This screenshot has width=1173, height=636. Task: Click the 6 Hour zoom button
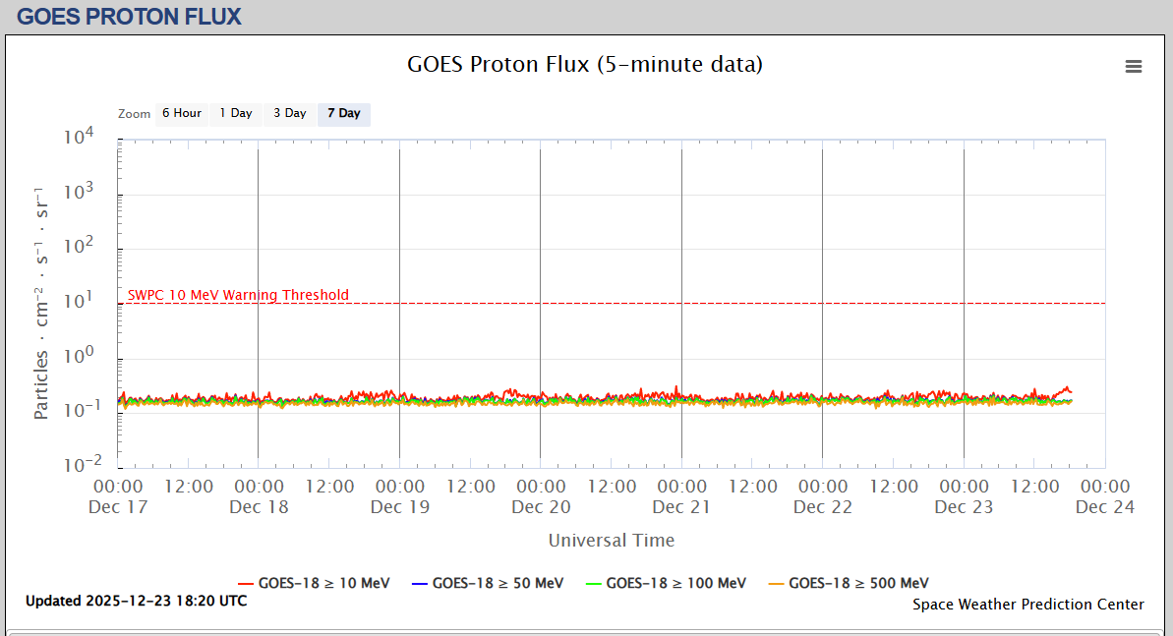(182, 113)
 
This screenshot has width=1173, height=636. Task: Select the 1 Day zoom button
(236, 113)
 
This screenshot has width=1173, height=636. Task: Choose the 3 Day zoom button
(290, 113)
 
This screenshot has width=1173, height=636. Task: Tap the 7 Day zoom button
(344, 113)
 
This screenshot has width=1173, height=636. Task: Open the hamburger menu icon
(1134, 66)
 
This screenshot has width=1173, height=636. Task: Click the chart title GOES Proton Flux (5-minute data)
(585, 65)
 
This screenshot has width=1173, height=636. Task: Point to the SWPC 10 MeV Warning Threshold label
(238, 295)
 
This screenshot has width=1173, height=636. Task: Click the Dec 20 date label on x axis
(541, 507)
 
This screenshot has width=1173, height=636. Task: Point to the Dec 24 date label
(1105, 507)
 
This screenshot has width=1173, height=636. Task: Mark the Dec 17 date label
(118, 507)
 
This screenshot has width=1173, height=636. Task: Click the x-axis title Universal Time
(612, 540)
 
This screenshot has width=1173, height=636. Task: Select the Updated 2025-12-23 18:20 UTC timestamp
(137, 601)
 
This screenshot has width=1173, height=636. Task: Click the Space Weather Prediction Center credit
(1028, 605)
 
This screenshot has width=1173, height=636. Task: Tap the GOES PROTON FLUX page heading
(129, 17)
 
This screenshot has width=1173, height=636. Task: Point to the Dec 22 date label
(823, 507)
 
